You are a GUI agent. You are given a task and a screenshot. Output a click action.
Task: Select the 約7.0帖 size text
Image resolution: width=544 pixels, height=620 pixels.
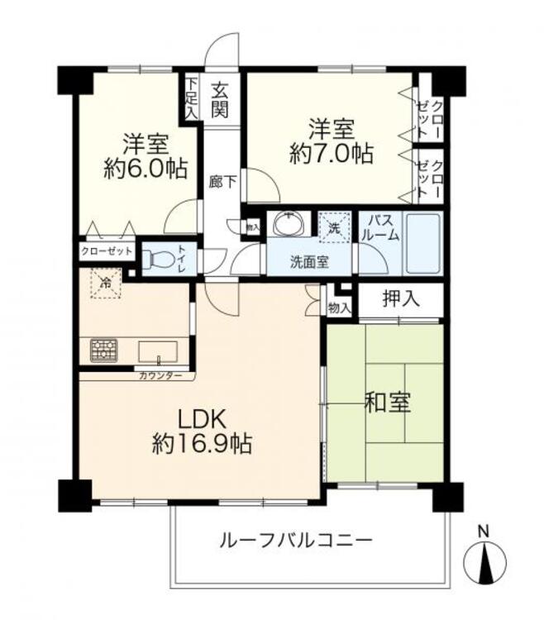click(331, 153)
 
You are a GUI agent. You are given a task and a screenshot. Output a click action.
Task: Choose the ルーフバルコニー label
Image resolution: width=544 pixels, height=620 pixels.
click(295, 541)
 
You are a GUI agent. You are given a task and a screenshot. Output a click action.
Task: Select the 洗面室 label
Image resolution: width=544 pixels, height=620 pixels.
click(308, 262)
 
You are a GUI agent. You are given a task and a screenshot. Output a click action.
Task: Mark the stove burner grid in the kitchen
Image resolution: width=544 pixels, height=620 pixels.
click(104, 351)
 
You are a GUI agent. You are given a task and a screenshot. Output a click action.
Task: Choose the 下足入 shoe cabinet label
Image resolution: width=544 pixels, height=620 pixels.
click(191, 97)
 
